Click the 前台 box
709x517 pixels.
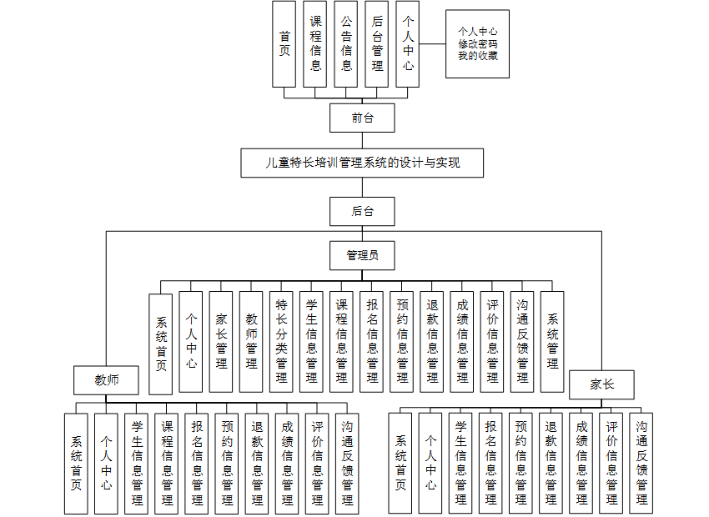(x=362, y=118)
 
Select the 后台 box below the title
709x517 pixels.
(x=362, y=212)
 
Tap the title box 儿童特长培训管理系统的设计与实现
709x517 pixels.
(x=362, y=163)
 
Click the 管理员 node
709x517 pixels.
(x=362, y=255)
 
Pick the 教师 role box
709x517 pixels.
(x=106, y=380)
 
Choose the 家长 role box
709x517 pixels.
(x=601, y=384)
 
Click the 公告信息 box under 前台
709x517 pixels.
(x=346, y=43)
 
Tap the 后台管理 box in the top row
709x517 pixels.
(x=377, y=43)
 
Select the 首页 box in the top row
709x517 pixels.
(x=284, y=43)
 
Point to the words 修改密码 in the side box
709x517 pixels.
(x=477, y=44)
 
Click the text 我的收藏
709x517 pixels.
(x=477, y=56)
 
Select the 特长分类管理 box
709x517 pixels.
(x=281, y=342)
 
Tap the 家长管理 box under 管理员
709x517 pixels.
(x=221, y=342)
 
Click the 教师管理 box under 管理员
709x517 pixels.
(x=251, y=342)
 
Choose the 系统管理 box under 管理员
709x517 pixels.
(x=552, y=342)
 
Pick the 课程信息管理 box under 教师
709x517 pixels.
(x=167, y=463)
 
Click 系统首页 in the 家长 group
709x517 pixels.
(x=400, y=463)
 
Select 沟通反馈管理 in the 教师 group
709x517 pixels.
(x=347, y=463)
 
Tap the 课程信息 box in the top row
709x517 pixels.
(x=315, y=43)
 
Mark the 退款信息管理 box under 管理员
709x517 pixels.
(x=432, y=342)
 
